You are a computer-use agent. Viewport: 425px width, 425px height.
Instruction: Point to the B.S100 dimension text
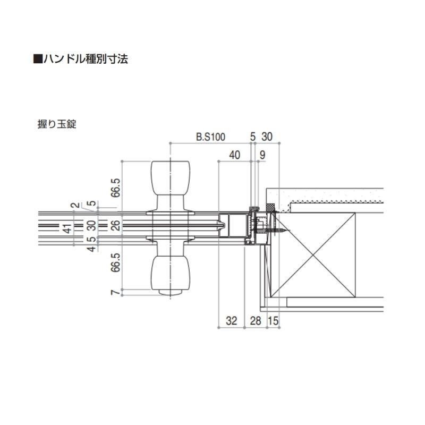click(x=210, y=137)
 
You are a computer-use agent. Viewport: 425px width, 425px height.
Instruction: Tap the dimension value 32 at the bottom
click(x=231, y=320)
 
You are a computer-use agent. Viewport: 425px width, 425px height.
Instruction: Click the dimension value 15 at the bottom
click(x=273, y=320)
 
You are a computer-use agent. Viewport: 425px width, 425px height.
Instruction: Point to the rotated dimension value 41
click(x=67, y=228)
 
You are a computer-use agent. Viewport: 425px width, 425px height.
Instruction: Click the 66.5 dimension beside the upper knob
click(x=116, y=188)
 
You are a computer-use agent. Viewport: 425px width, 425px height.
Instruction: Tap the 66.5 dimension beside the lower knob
click(x=116, y=262)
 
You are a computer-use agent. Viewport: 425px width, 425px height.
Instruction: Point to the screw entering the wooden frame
click(x=280, y=231)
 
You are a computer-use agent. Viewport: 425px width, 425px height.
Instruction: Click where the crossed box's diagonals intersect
click(x=313, y=254)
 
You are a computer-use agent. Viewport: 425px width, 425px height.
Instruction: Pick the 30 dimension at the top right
click(x=267, y=137)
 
